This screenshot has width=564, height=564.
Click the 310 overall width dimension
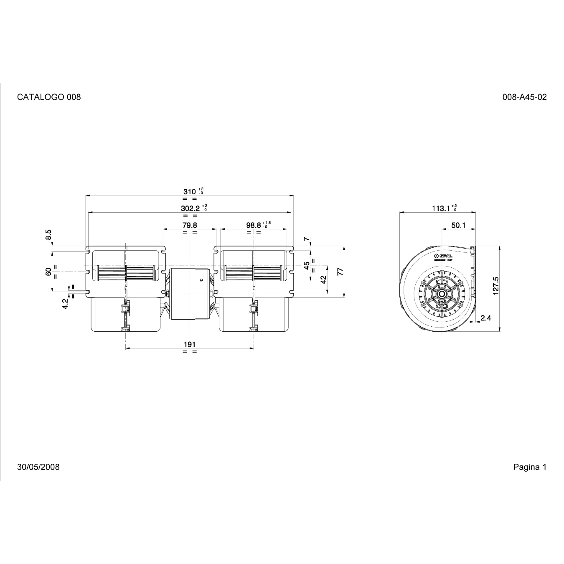(190, 192)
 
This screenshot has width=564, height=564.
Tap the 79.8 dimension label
(190, 225)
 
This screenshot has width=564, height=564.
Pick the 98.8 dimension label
(254, 225)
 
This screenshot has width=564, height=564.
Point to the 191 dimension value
(190, 344)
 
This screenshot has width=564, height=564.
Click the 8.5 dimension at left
(48, 234)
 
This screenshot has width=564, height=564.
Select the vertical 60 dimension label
(48, 272)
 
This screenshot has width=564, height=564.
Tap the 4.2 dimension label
(65, 304)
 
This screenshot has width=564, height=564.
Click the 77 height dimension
(340, 271)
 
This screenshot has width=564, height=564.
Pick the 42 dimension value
(323, 280)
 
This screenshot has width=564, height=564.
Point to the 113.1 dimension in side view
(441, 208)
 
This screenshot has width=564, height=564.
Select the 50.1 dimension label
(458, 225)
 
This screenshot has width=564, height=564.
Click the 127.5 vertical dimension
(496, 285)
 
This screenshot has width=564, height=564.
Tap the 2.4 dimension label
(485, 318)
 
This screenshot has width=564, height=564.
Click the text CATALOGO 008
(49, 97)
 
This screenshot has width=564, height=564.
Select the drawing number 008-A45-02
(524, 97)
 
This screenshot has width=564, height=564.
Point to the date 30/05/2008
(38, 467)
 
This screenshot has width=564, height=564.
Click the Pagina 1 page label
(530, 467)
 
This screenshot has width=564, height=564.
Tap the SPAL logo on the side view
(443, 256)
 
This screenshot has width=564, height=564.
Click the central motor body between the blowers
(190, 293)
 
